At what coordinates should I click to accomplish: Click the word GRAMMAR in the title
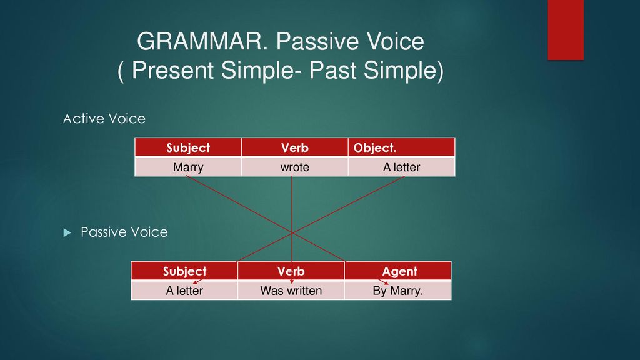point(202,41)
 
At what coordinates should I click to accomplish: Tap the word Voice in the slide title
point(395,41)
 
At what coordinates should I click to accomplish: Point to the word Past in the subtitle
point(332,70)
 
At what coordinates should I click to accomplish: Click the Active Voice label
point(104,119)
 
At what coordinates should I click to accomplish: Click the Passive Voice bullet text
point(124,232)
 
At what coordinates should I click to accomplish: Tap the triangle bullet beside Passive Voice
point(67,232)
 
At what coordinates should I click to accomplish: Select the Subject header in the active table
point(188,147)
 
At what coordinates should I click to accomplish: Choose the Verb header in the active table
point(295,147)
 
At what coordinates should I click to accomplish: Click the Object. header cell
point(402,147)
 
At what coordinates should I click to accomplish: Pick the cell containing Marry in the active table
point(188,167)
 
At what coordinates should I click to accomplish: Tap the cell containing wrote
point(295,167)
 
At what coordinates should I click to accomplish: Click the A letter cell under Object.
point(402,167)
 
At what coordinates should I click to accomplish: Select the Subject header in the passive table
point(184,271)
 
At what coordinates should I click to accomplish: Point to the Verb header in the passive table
point(291,271)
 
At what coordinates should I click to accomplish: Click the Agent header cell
point(398,271)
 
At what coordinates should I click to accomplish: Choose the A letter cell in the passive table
point(184,291)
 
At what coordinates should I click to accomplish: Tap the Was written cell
point(291,291)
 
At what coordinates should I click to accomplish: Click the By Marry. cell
point(398,291)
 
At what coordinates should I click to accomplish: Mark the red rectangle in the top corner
point(566,30)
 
